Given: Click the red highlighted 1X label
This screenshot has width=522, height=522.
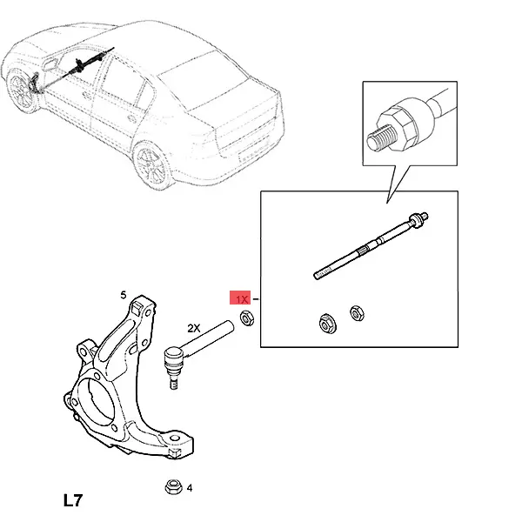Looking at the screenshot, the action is point(240,298).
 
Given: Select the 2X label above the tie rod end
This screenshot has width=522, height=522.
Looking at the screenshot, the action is point(194,329).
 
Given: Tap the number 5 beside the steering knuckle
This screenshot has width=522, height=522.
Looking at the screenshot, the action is point(124,295).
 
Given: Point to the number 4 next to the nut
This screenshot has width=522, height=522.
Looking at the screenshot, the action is point(190,488).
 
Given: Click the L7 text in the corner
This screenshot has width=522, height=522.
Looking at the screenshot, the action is point(73,500).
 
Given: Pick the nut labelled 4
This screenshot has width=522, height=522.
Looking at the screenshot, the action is point(173,487).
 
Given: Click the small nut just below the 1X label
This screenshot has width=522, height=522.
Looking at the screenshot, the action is point(247,318).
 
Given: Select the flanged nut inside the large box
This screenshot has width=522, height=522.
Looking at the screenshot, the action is point(328,324).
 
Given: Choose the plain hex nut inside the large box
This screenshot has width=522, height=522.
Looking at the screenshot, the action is point(357,313).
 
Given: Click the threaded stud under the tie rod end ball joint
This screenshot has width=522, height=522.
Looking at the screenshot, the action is point(173,382).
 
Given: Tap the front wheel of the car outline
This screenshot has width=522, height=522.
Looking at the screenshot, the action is point(21,90).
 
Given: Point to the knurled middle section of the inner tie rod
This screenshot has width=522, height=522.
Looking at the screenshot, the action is point(364,249).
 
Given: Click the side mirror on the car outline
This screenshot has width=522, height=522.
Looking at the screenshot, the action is point(49,64).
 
